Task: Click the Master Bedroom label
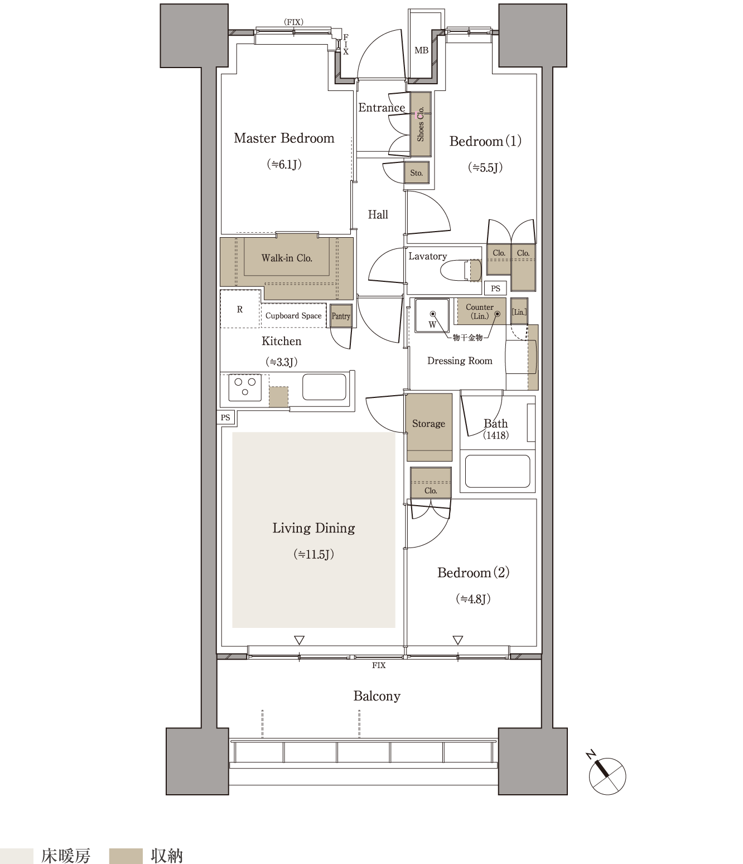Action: pyautogui.click(x=284, y=138)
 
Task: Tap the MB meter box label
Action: pyautogui.click(x=421, y=51)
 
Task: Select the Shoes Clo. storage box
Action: pyautogui.click(x=421, y=124)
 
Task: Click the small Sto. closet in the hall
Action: pyautogui.click(x=416, y=173)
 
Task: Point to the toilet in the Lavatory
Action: pyautogui.click(x=461, y=270)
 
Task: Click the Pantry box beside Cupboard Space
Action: pyautogui.click(x=341, y=315)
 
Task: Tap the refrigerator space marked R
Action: pyautogui.click(x=240, y=309)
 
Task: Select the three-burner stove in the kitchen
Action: pyautogui.click(x=245, y=387)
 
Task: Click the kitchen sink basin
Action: pyautogui.click(x=324, y=387)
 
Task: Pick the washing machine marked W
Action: pyautogui.click(x=432, y=315)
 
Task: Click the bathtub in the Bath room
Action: pyautogui.click(x=498, y=471)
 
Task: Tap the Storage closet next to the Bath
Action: pyautogui.click(x=429, y=427)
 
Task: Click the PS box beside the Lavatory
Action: pyautogui.click(x=495, y=288)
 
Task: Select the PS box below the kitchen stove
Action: pyautogui.click(x=225, y=417)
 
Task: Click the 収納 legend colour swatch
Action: pyautogui.click(x=126, y=856)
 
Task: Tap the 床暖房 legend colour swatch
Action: pyautogui.click(x=17, y=856)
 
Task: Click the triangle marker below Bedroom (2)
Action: pyautogui.click(x=458, y=640)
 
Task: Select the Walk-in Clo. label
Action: pyautogui.click(x=287, y=258)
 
